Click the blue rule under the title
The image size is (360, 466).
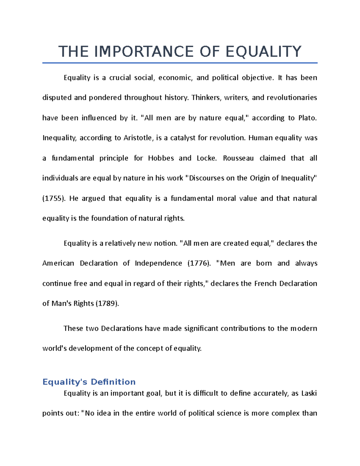180,63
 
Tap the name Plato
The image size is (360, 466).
307,118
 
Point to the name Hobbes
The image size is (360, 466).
161,158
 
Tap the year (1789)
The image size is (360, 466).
107,303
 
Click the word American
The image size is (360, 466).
58,263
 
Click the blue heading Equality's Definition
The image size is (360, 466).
89,382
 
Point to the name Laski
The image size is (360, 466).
309,393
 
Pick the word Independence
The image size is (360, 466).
158,263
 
